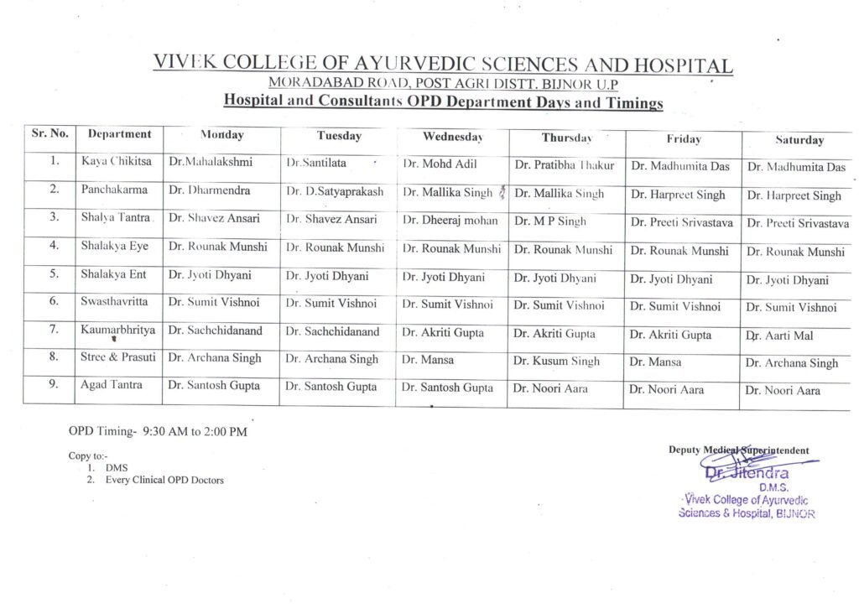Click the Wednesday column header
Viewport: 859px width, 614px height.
pos(452,136)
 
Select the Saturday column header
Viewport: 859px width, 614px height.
pos(799,140)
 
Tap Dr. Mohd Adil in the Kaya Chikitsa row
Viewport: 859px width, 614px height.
pos(440,164)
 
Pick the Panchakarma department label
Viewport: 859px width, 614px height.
pos(114,190)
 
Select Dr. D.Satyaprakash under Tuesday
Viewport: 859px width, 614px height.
pos(335,191)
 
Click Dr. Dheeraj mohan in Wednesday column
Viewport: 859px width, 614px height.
pos(450,221)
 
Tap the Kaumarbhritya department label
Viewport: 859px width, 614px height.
pos(118,330)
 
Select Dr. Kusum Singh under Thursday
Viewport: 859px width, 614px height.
pos(556,362)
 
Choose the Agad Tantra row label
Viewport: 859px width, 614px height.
pos(112,385)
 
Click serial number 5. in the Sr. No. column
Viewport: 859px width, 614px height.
pos(54,275)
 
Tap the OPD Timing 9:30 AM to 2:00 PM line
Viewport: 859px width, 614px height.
pos(158,432)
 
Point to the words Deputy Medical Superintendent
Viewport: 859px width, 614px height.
pos(738,450)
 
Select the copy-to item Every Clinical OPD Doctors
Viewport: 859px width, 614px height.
pos(164,480)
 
